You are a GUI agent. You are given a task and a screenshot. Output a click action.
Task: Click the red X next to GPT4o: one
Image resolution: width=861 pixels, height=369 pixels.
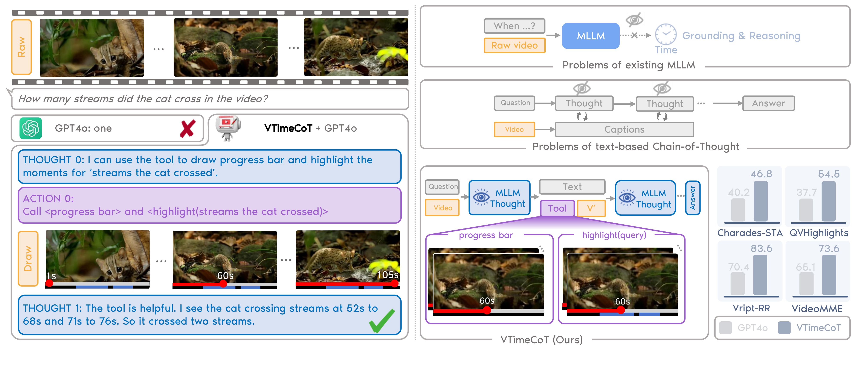(188, 129)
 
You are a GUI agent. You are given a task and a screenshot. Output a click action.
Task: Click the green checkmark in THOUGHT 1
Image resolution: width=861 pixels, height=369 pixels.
(382, 321)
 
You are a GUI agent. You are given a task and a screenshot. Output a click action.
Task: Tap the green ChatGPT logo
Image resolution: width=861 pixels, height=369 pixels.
(31, 128)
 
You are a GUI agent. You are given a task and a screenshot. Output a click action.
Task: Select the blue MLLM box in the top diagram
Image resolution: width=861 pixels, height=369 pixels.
(591, 36)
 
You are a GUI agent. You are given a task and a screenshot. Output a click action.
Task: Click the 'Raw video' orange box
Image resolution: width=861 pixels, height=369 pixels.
(514, 45)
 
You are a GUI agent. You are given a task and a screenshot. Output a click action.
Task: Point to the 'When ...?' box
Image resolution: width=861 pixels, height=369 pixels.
(514, 26)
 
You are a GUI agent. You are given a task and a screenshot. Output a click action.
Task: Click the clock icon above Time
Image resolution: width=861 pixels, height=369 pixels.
(666, 34)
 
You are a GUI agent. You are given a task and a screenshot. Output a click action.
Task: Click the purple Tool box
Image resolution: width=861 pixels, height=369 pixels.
(557, 208)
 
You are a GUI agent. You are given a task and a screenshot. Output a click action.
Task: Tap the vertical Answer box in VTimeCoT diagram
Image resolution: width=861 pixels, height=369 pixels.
(693, 198)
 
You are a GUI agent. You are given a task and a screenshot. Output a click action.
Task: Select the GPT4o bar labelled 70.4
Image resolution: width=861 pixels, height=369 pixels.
(738, 284)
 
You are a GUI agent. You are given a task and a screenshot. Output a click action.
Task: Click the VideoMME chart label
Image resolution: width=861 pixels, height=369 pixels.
(817, 309)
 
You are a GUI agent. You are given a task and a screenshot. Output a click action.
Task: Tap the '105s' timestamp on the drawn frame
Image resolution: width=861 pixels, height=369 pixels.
(387, 275)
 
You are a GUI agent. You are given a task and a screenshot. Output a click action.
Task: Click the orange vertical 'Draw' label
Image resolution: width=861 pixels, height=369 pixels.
(28, 259)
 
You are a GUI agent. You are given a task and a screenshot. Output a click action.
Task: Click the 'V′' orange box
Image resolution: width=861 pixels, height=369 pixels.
(591, 208)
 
